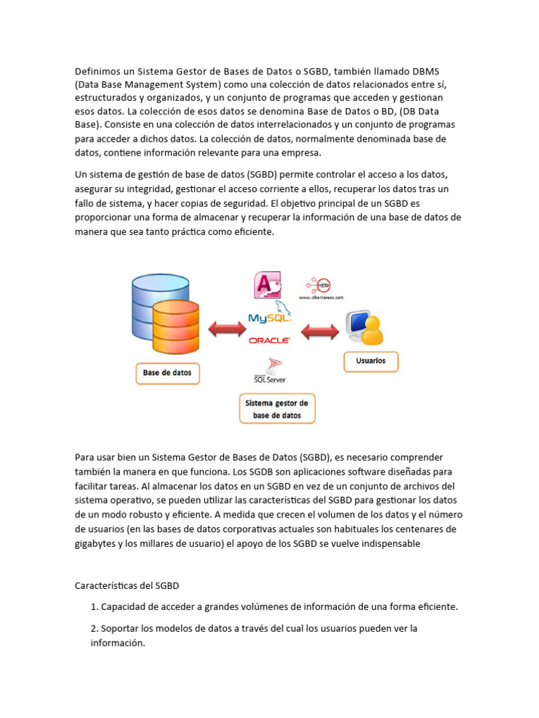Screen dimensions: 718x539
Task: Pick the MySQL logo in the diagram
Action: pos(270,317)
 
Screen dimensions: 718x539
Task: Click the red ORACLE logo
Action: pos(269,340)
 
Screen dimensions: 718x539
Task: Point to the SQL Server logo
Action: pos(269,371)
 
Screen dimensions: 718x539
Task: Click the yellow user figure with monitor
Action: pos(364,328)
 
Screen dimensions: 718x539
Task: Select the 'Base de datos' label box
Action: pos(167,373)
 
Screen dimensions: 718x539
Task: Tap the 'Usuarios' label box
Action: pos(371,361)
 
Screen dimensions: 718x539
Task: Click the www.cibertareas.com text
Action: pos(321,297)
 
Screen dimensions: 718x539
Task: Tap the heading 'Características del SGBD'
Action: pos(131,585)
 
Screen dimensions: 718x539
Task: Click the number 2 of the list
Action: pos(94,628)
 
